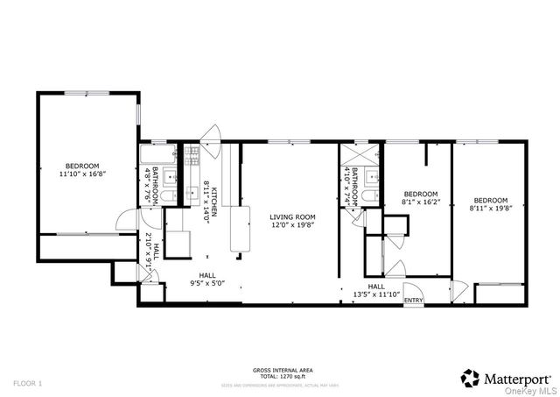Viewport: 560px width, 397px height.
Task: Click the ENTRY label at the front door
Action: tap(413, 301)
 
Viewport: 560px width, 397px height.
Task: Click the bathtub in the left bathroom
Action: tap(157, 154)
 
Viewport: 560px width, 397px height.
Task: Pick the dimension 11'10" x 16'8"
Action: tap(82, 174)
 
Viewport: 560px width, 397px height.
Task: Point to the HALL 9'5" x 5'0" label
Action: tap(206, 283)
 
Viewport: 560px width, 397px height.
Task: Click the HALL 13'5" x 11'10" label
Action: tap(376, 294)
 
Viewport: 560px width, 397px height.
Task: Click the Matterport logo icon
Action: tap(470, 378)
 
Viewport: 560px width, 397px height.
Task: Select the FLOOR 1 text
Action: tap(27, 383)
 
